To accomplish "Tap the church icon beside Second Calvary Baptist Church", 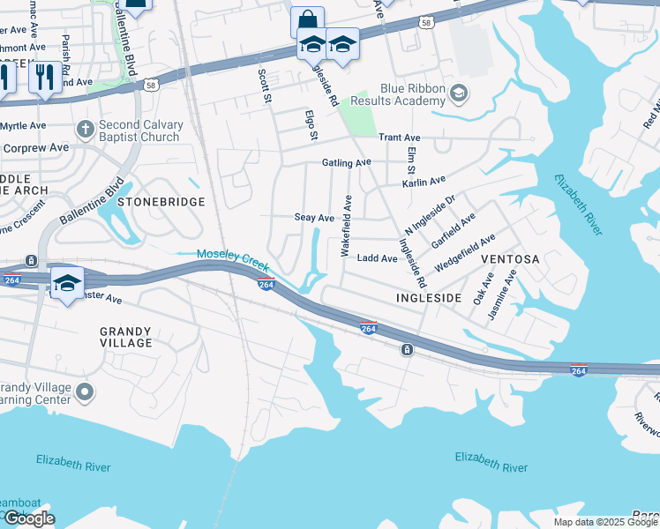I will tap(86, 129).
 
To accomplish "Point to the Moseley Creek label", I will tap(231, 254).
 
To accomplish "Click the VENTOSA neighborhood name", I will tap(509, 260).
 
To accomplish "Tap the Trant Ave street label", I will tap(399, 138).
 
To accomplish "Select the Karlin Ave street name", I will tap(424, 181).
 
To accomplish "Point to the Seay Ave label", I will tap(314, 218).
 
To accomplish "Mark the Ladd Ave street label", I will tap(377, 258).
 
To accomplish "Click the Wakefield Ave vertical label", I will tap(347, 226).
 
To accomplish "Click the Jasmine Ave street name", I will tap(510, 287).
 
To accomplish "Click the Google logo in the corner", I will tap(28, 518).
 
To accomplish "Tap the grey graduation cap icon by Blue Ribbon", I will tap(458, 93).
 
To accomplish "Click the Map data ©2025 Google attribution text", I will tap(605, 522).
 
